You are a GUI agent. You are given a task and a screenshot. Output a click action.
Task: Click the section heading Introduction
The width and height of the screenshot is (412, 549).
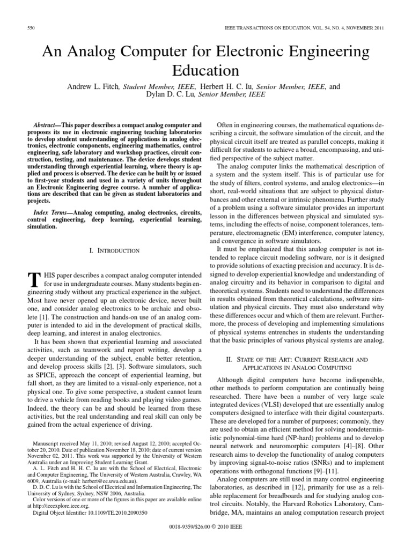tap(116, 250)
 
